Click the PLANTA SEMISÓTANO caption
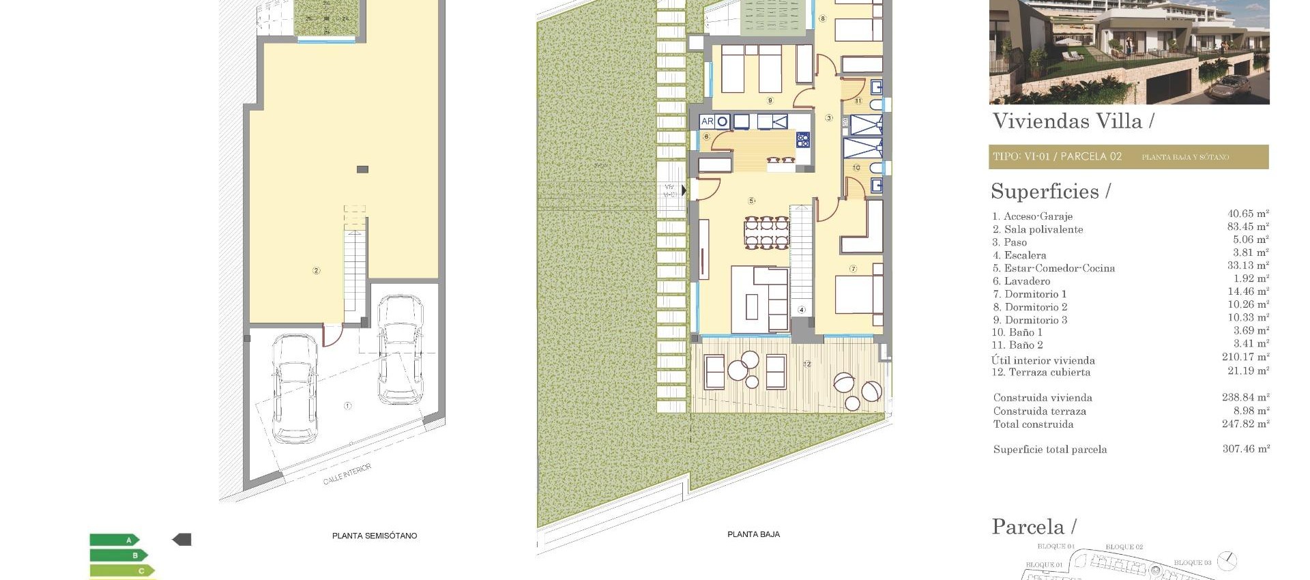click(x=374, y=536)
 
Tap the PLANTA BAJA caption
click(x=753, y=534)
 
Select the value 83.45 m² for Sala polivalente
click(x=1248, y=227)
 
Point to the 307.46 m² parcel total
click(x=1245, y=449)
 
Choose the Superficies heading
click(x=1050, y=192)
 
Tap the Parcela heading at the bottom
click(x=1033, y=527)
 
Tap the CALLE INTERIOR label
click(x=347, y=474)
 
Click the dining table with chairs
click(x=766, y=233)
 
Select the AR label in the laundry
click(x=707, y=121)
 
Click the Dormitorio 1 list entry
click(x=1035, y=294)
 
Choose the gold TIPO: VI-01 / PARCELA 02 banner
click(x=1128, y=157)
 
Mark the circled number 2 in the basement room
click(x=316, y=271)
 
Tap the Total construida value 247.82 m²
click(x=1245, y=424)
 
